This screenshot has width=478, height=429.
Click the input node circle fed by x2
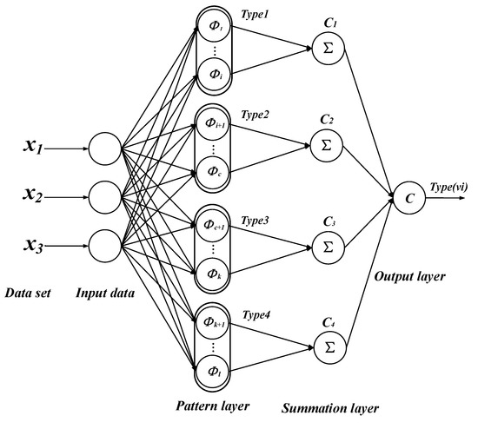pyautogui.click(x=105, y=195)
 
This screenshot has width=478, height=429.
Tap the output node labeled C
pyautogui.click(x=408, y=197)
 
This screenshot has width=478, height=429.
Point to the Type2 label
pyautogui.click(x=256, y=114)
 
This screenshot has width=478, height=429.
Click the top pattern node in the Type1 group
pyautogui.click(x=216, y=26)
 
